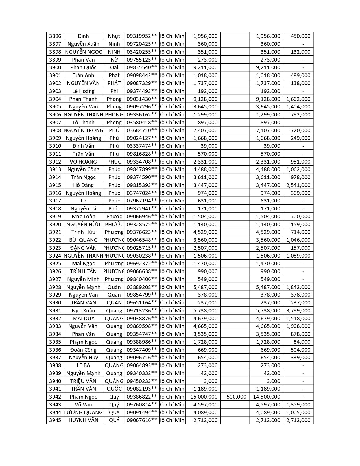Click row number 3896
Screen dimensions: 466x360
(x=55, y=36)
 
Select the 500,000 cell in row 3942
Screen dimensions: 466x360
(x=236, y=397)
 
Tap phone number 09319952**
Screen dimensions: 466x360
(x=141, y=36)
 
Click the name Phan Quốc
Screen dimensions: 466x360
(x=83, y=67)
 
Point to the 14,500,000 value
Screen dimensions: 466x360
(x=267, y=397)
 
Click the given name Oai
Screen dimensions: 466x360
(x=114, y=67)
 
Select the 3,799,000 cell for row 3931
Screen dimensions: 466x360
(x=298, y=311)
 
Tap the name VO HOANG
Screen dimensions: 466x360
(x=83, y=162)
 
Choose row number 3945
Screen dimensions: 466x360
(x=55, y=420)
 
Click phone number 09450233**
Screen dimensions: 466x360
(x=141, y=381)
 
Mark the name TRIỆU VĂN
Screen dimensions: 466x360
(x=83, y=381)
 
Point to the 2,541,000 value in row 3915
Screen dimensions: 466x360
(x=298, y=185)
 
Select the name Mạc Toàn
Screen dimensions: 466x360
(x=83, y=217)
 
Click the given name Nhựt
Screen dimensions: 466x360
(x=114, y=36)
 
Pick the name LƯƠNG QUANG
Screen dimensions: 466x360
(x=83, y=413)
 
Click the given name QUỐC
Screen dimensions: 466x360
(x=114, y=389)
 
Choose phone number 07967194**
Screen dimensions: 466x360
(x=141, y=201)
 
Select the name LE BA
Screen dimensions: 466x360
(x=83, y=365)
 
